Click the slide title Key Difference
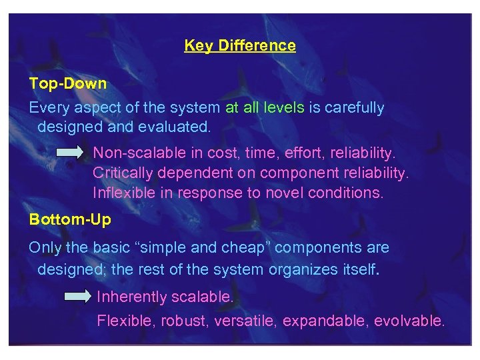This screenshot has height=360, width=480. click(x=240, y=45)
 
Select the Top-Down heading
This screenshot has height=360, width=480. click(x=67, y=83)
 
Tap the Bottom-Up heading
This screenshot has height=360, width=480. click(x=70, y=219)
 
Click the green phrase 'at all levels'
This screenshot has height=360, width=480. click(x=265, y=107)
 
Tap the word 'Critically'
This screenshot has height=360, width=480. click(x=117, y=173)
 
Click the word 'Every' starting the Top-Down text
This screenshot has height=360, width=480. click(x=47, y=107)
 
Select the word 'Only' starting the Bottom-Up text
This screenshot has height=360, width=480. click(x=45, y=248)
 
